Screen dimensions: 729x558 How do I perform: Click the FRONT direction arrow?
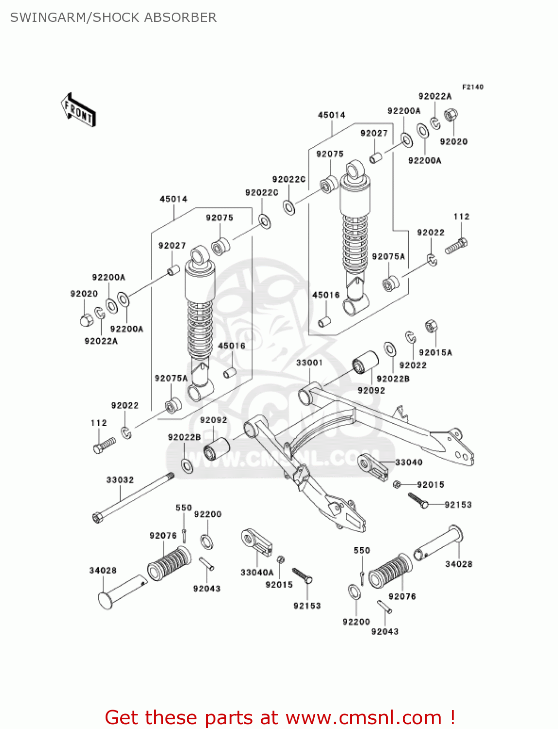[x=78, y=110]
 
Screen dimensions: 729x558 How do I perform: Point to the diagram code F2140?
[x=472, y=87]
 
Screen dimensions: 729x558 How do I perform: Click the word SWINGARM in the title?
[x=48, y=17]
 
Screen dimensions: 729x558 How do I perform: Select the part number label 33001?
[x=309, y=363]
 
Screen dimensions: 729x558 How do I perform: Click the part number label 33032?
[x=120, y=480]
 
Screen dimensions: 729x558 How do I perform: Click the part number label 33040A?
[x=257, y=573]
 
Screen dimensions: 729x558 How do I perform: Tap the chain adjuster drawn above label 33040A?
[x=256, y=542]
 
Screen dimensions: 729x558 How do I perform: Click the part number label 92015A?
[x=435, y=352]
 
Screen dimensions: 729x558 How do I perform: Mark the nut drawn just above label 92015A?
[x=431, y=326]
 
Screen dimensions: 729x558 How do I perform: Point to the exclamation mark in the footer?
[x=452, y=717]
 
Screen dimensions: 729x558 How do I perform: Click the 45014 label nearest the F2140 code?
[x=331, y=115]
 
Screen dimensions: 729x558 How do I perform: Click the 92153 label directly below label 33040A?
[x=307, y=606]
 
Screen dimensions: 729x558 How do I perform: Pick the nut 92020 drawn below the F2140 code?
[x=451, y=116]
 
